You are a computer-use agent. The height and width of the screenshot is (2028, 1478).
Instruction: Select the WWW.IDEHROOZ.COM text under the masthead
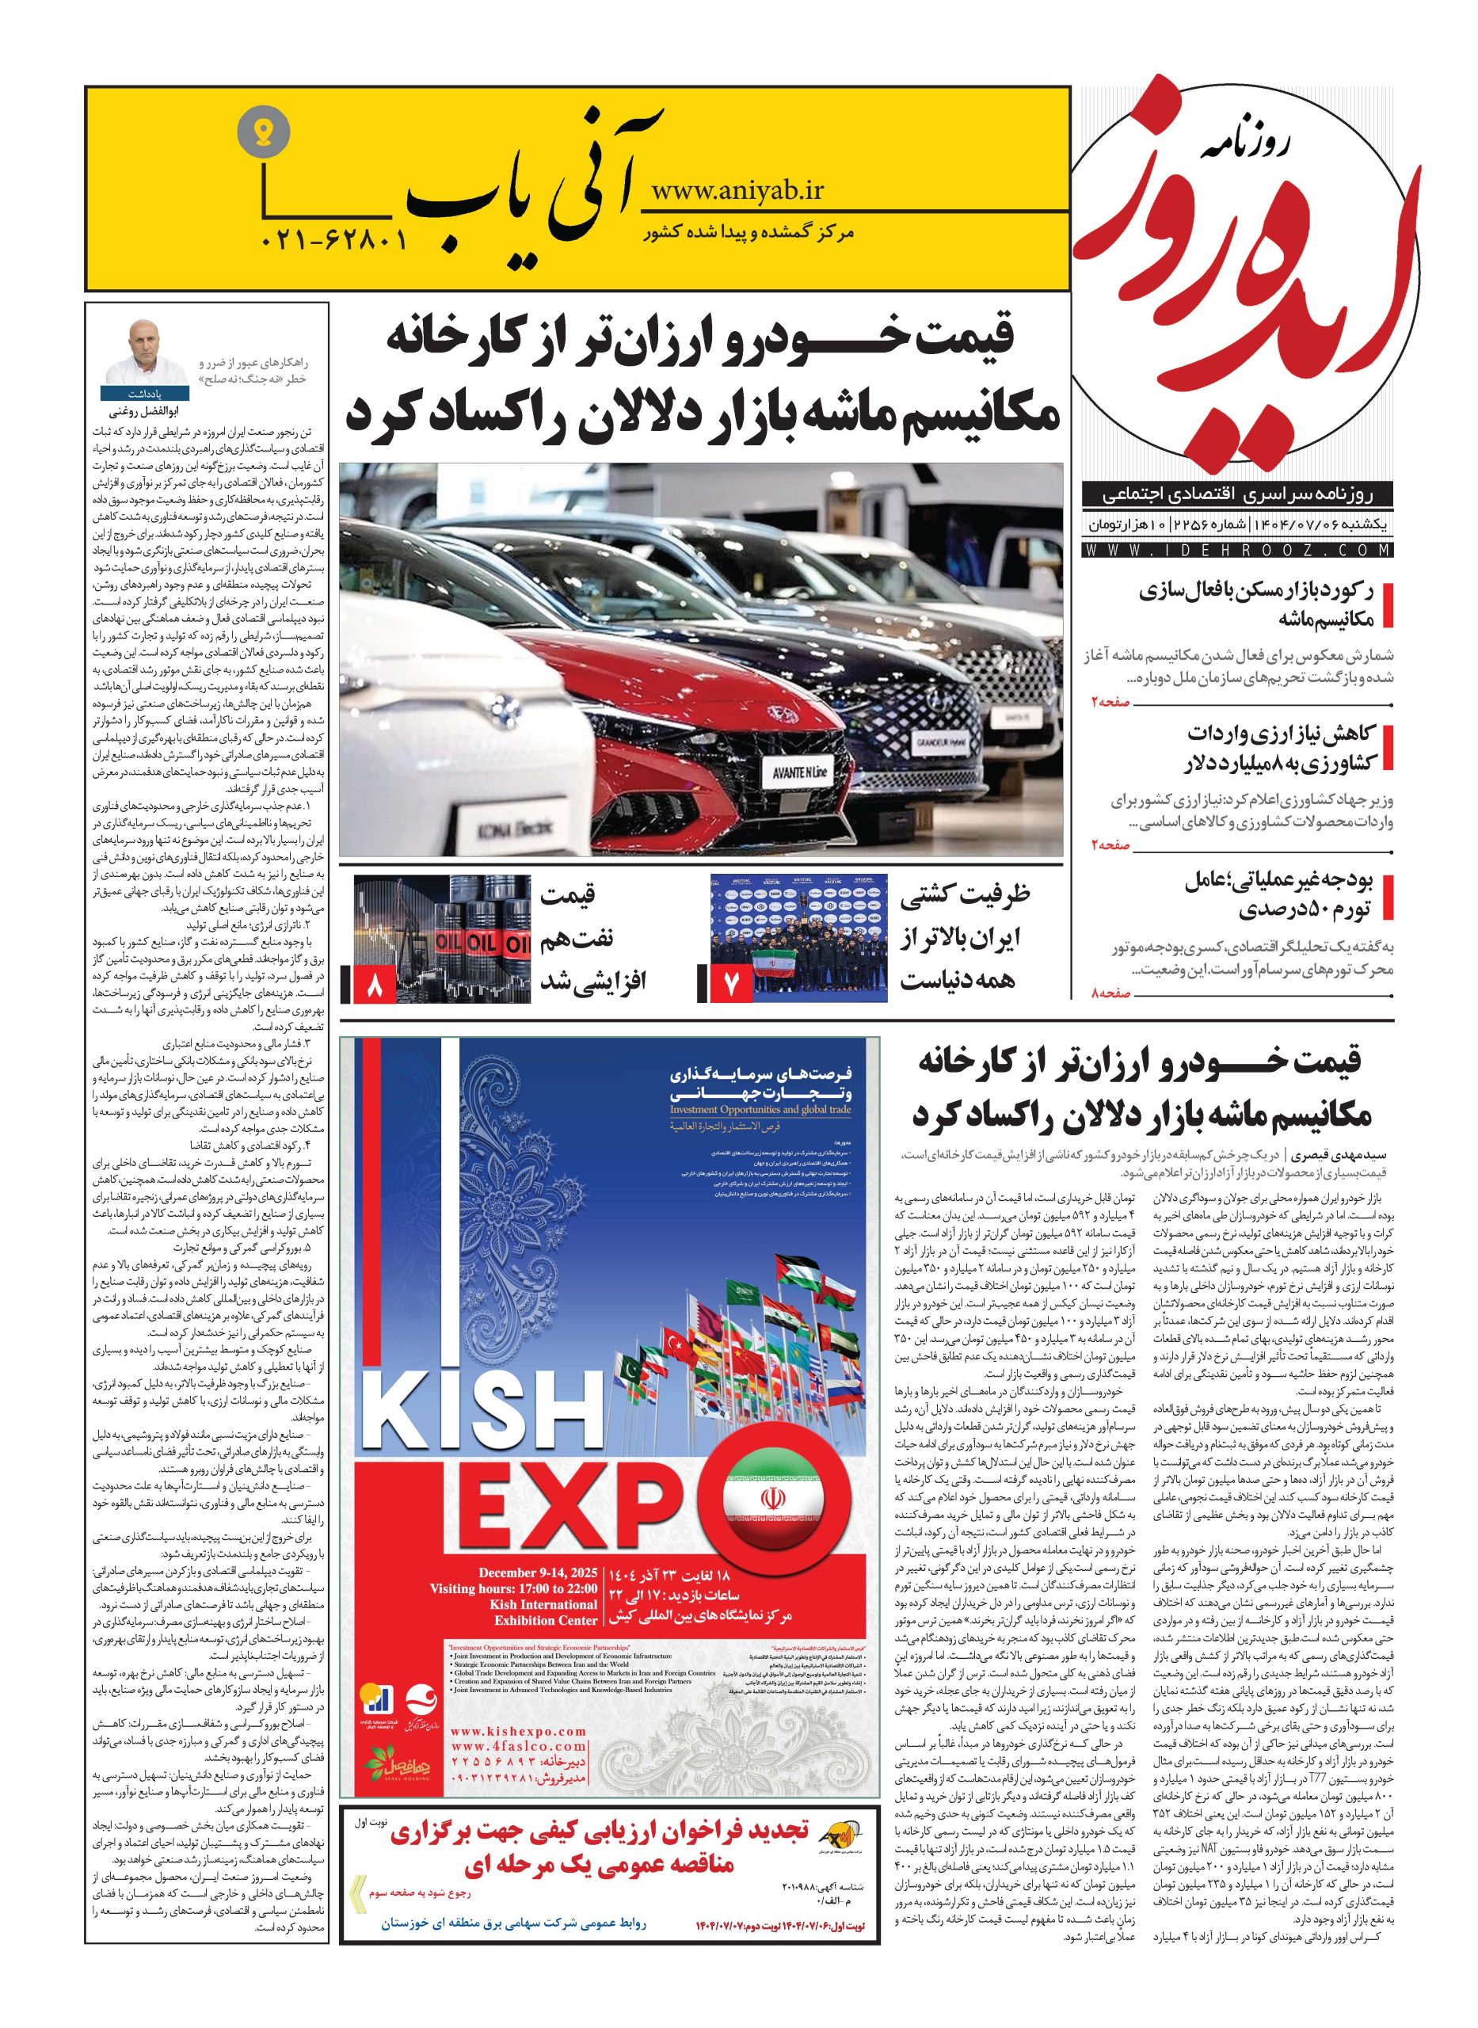[1237, 549]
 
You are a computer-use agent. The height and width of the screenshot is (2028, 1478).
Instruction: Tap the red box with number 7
[726, 985]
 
